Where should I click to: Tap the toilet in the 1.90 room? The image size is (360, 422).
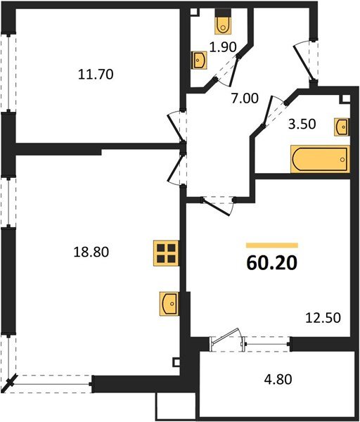click(224, 25)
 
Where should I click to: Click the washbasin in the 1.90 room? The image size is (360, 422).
click(199, 61)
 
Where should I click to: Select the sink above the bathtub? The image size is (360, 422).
click(342, 126)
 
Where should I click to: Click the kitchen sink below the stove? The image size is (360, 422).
click(169, 303)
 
